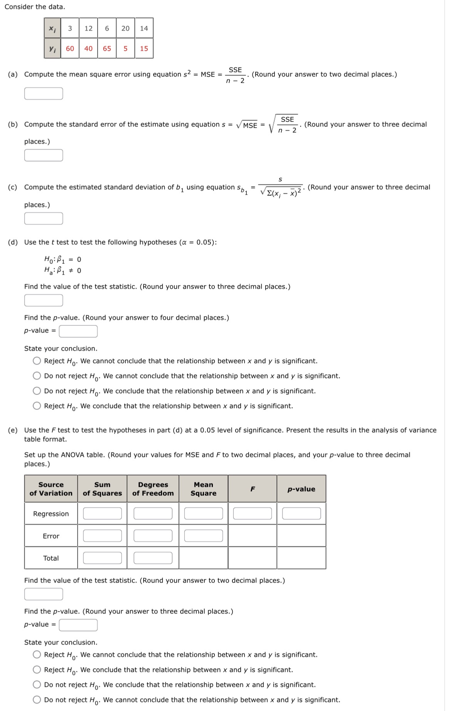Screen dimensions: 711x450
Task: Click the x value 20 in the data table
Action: pyautogui.click(x=125, y=28)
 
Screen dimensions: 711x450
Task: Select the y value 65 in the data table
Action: pyautogui.click(x=107, y=48)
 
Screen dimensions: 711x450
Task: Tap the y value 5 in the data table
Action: pyautogui.click(x=125, y=48)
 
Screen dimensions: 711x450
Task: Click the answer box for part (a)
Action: pyautogui.click(x=43, y=93)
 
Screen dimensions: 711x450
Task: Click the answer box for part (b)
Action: pyautogui.click(x=43, y=155)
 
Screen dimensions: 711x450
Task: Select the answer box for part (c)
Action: pyautogui.click(x=43, y=218)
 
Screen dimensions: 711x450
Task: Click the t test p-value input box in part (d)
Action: pyautogui.click(x=78, y=331)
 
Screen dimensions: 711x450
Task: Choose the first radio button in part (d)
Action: pyautogui.click(x=37, y=361)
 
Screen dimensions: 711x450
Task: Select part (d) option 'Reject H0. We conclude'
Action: pyautogui.click(x=37, y=406)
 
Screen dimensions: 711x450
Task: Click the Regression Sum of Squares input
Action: pyautogui.click(x=102, y=513)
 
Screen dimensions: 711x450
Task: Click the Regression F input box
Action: pyautogui.click(x=252, y=513)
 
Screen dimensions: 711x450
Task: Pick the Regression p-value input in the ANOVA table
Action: pyautogui.click(x=301, y=513)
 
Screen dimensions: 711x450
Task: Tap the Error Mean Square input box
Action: pyautogui.click(x=203, y=536)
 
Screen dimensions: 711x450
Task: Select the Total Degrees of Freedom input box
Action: pyautogui.click(x=153, y=558)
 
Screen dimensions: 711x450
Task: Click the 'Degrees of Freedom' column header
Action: pyautogui.click(x=153, y=489)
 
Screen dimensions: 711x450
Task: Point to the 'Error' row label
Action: pyautogui.click(x=51, y=536)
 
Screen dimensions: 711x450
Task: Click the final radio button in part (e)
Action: pyautogui.click(x=37, y=699)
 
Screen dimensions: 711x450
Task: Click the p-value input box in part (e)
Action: pyautogui.click(x=78, y=625)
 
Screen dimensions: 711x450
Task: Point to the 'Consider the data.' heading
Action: pyautogui.click(x=35, y=7)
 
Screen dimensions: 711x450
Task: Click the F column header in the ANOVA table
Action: pyautogui.click(x=253, y=489)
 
